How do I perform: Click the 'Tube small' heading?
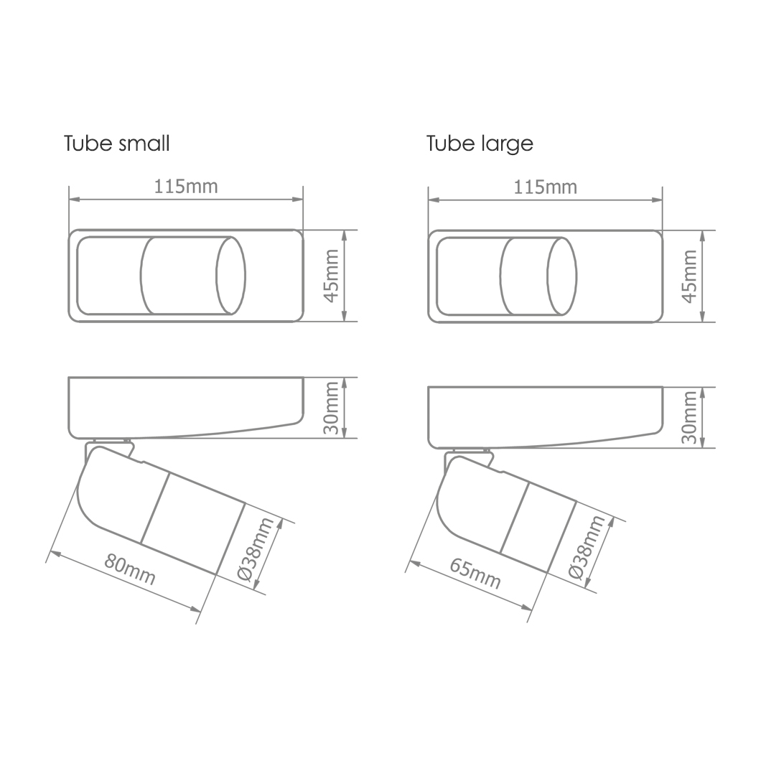(x=117, y=143)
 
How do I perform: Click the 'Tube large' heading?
(x=480, y=144)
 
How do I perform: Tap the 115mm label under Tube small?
(x=186, y=187)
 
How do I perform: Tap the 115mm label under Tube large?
(x=546, y=187)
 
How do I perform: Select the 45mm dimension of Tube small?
(x=332, y=275)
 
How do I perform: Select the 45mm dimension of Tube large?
(x=689, y=276)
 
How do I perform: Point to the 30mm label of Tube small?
(x=332, y=408)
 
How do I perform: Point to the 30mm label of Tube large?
(x=690, y=418)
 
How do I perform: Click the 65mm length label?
(x=475, y=572)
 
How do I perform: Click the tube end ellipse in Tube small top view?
(x=231, y=275)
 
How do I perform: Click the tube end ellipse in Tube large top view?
(x=561, y=276)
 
